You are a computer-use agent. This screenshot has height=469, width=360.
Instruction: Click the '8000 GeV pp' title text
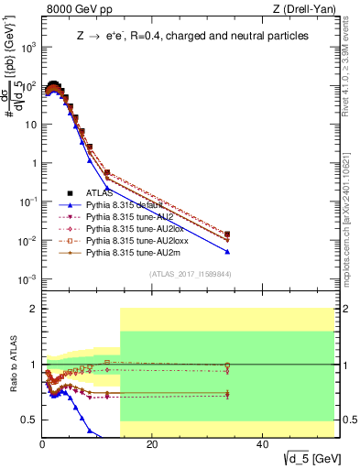[x=76, y=10]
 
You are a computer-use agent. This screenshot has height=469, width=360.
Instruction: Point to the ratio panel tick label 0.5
[x=29, y=420]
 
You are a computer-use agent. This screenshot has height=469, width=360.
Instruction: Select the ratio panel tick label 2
[x=33, y=309]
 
